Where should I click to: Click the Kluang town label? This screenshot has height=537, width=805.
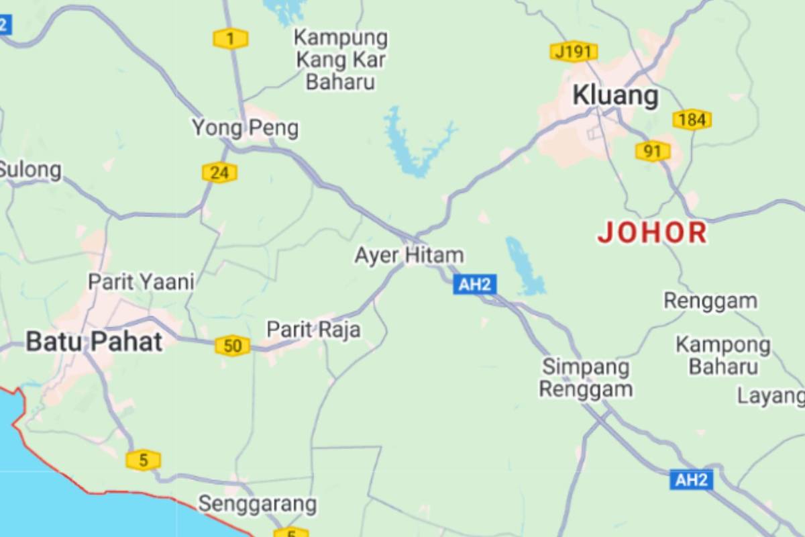pos(615,96)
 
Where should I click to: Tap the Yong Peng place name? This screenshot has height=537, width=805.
pos(245,128)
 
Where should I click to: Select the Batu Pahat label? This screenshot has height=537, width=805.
pos(94,342)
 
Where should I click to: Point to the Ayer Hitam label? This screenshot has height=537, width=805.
pos(409,255)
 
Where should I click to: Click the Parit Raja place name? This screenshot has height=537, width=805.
pos(313,329)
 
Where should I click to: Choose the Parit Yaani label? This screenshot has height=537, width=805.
pos(141,281)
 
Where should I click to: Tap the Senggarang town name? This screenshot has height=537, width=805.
pos(257,503)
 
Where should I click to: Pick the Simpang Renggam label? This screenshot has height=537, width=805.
pos(586,378)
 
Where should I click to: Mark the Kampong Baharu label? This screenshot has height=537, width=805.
pos(722,356)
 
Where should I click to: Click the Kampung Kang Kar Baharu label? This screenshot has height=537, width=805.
pos(341,60)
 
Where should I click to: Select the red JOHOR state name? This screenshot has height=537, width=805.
pos(652,233)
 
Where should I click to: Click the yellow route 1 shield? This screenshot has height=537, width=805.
pos(231,39)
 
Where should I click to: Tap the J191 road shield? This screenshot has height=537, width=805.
pos(574,52)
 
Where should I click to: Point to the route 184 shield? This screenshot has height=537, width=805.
pos(692,120)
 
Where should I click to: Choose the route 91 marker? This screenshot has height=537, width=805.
pos(653,151)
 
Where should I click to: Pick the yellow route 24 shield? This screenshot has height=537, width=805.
pos(219,173)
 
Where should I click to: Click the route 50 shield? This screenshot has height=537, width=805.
pos(232,346)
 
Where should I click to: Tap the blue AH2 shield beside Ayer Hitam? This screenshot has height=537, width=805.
pos(474,285)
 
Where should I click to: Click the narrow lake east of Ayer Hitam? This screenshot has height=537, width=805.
pos(524,265)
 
